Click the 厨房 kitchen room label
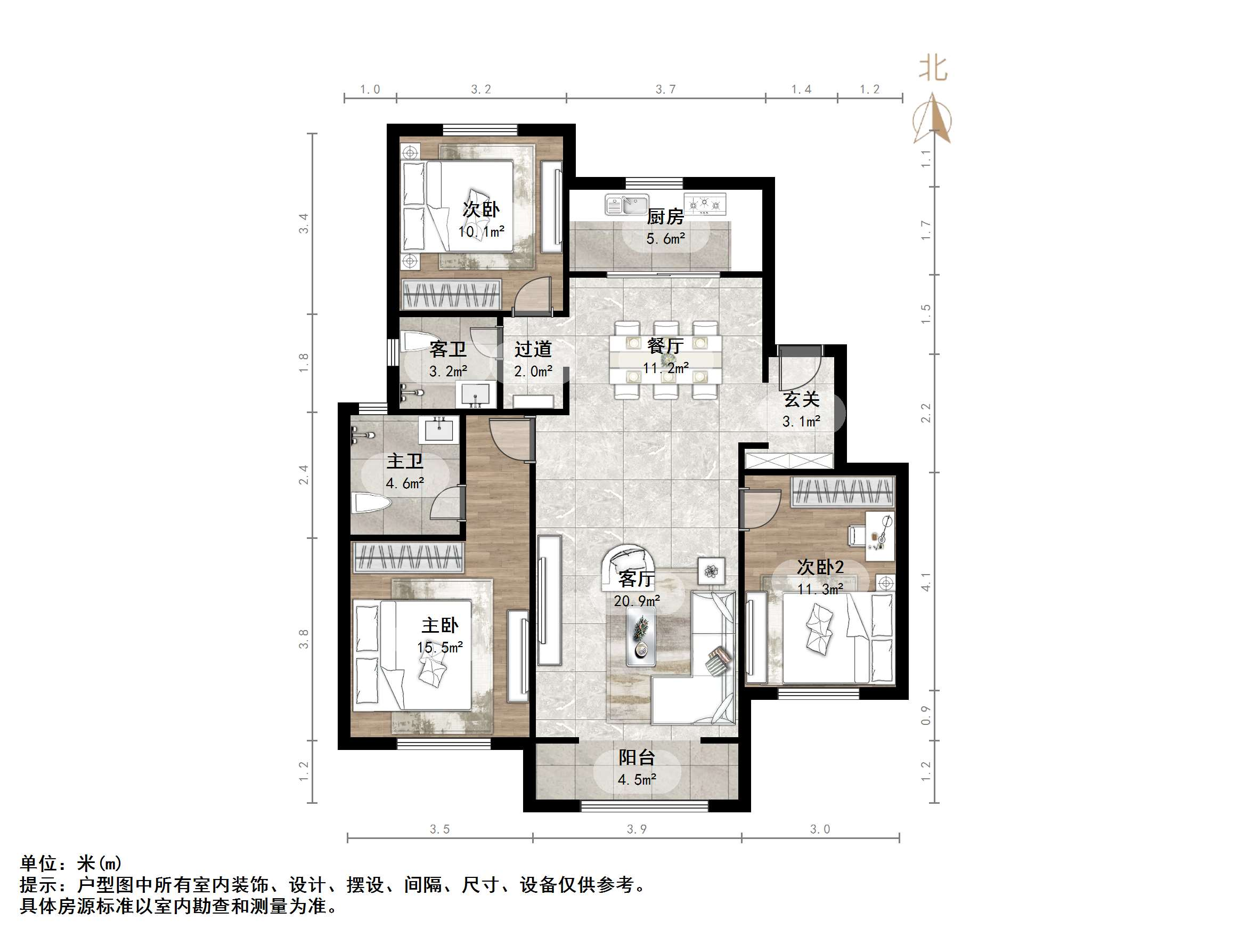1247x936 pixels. (x=665, y=216)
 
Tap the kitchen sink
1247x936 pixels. (x=626, y=204)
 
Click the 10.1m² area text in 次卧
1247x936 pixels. (x=481, y=231)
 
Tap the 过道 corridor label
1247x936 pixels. (x=533, y=349)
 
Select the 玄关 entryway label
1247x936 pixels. (x=801, y=399)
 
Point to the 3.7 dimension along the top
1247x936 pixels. (x=665, y=89)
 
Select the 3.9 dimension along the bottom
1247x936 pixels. (x=637, y=829)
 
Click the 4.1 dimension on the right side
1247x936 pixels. (x=926, y=582)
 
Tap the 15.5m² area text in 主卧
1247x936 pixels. (x=439, y=647)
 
